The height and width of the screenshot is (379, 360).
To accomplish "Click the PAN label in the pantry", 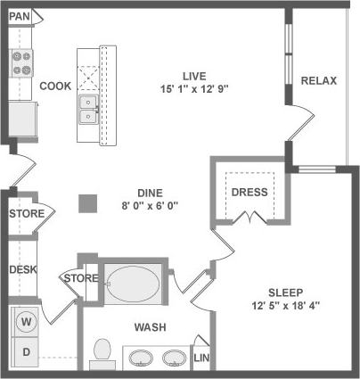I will (x=20, y=16).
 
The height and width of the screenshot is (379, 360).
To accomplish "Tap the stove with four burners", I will (x=21, y=64).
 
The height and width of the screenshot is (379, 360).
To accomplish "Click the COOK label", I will (x=55, y=87).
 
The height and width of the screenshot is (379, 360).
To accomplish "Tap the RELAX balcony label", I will (x=318, y=81).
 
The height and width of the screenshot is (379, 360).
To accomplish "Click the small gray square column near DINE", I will (x=86, y=203).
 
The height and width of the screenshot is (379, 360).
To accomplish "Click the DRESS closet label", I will (x=249, y=193).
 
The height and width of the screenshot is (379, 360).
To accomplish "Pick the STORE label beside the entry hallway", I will (x=26, y=214).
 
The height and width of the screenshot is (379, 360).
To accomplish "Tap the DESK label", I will (x=22, y=269).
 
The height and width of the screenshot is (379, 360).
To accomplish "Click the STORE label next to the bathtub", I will (x=80, y=278).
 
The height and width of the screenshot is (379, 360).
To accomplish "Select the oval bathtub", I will (x=135, y=284).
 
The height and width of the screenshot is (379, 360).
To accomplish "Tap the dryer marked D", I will (x=26, y=352).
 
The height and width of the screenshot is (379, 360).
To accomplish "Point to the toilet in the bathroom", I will (x=101, y=352).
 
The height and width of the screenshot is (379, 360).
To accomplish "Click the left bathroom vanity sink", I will (x=140, y=358).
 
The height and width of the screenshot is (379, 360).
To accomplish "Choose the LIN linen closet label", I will (x=201, y=358).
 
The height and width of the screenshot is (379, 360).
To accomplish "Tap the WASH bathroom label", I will (x=150, y=327).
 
